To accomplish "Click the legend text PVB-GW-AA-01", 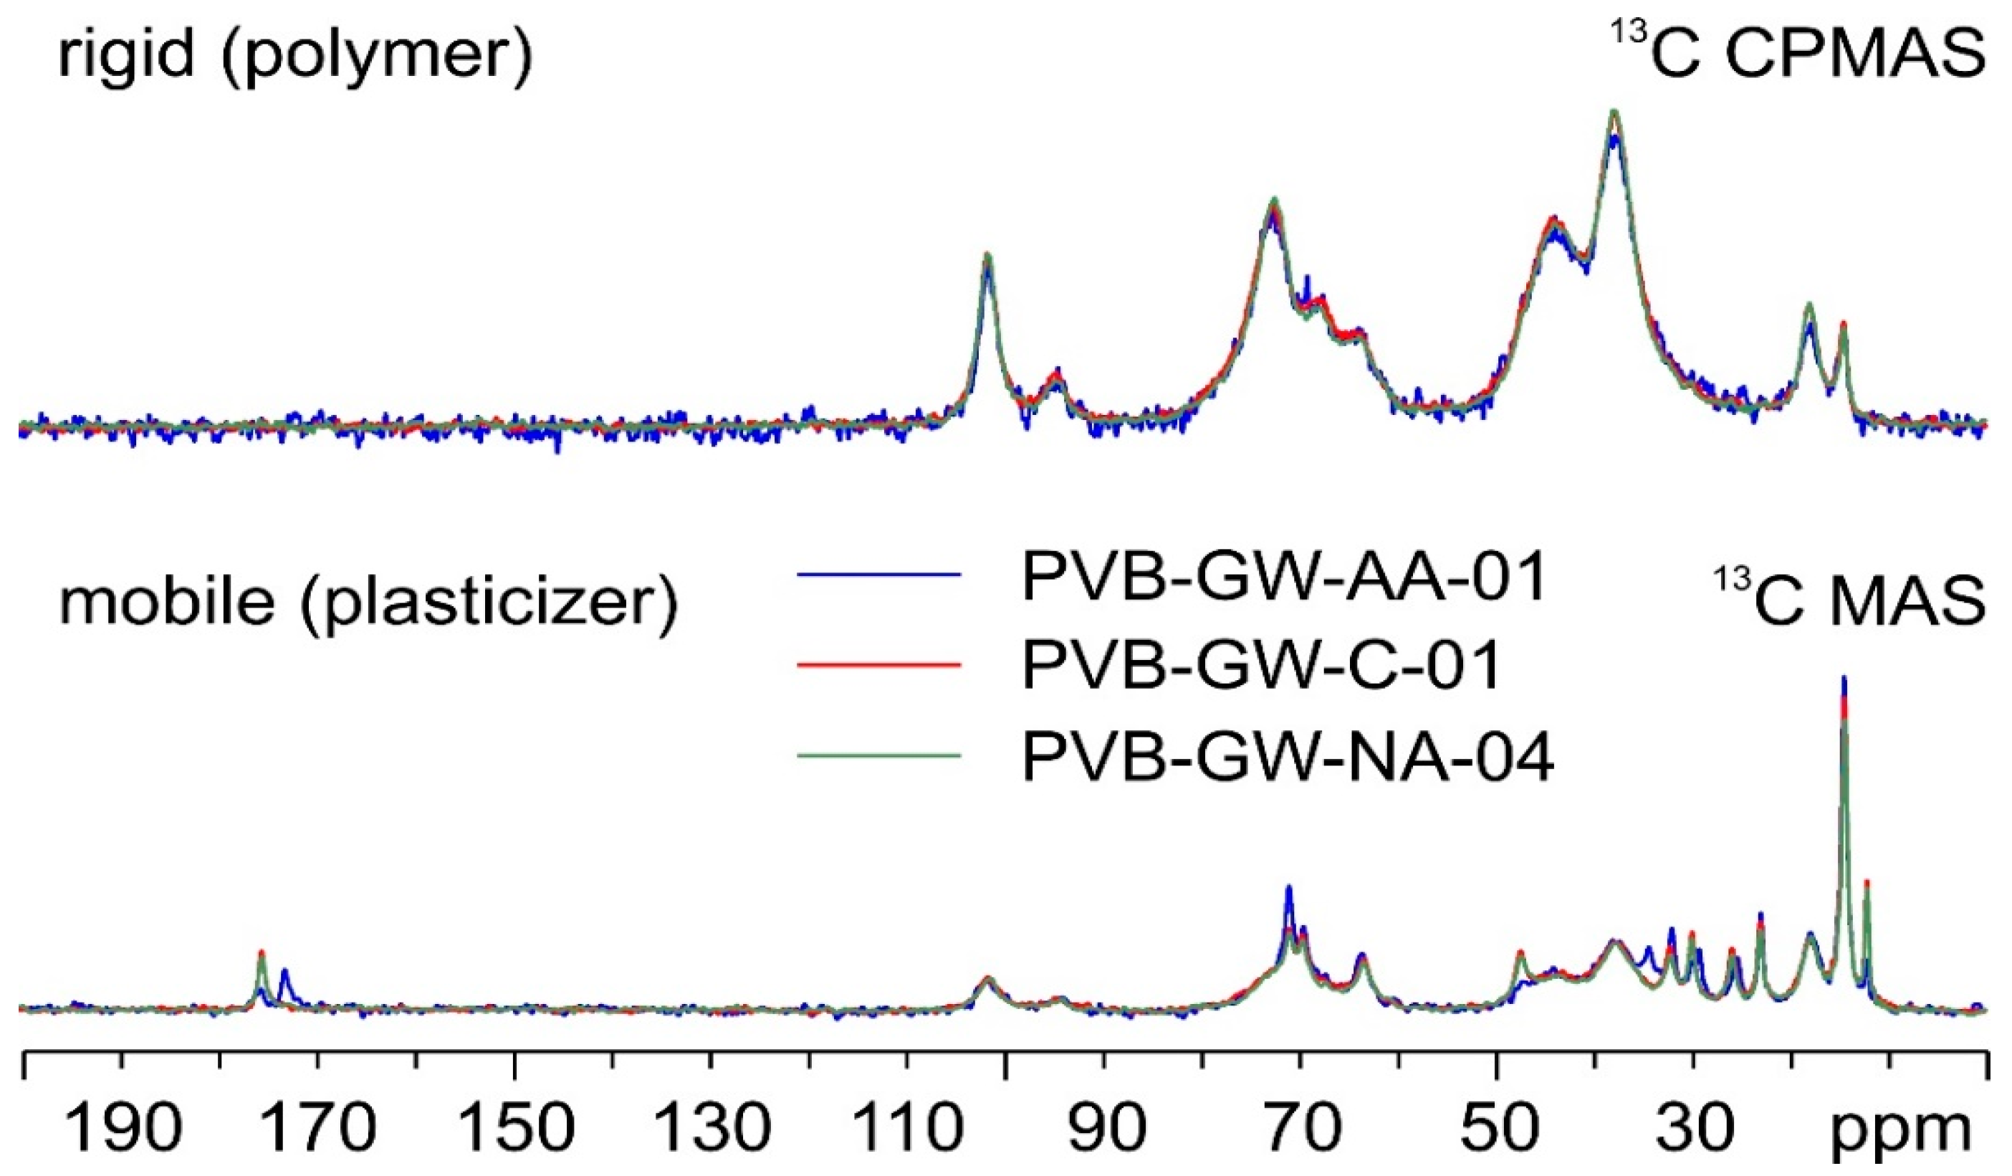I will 1285,577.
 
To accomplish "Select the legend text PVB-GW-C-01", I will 1262,665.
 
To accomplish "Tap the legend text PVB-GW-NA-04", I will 1287,755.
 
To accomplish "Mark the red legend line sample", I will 878,664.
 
